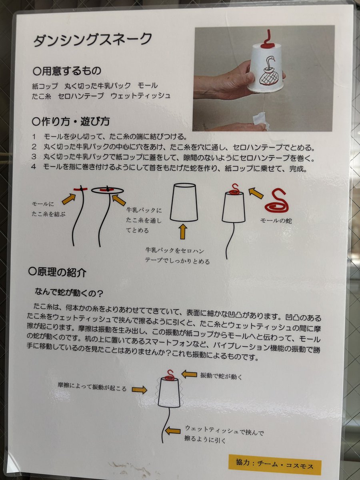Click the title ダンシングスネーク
pyautogui.click(x=92, y=39)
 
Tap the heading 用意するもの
pyautogui.click(x=67, y=71)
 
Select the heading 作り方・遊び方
pyautogui.click(x=71, y=121)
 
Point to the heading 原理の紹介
pyautogui.click(x=57, y=272)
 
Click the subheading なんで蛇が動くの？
pyautogui.click(x=69, y=292)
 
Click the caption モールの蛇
pyautogui.click(x=276, y=220)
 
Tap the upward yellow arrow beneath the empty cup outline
pyautogui.click(x=183, y=232)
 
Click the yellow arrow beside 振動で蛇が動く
pyautogui.click(x=189, y=374)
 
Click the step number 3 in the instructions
pyautogui.click(x=34, y=156)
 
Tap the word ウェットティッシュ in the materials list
pyautogui.click(x=140, y=96)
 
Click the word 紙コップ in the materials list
pyautogui.click(x=45, y=86)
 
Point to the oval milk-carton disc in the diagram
pyautogui.click(x=107, y=190)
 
